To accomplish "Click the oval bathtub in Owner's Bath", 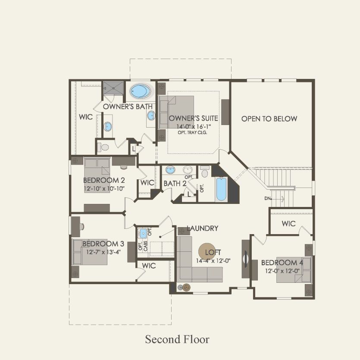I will coord(141,91).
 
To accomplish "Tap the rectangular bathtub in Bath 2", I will coord(221,189).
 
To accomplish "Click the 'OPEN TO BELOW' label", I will coord(269,119).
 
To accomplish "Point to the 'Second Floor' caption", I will coord(177,339).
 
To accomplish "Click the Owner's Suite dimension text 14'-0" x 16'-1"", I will coord(194,126).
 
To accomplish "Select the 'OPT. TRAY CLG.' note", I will coord(192,132).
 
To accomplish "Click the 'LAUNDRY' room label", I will coord(202,229).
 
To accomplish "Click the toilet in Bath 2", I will coord(205,173).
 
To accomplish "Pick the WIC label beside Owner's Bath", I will coord(85,117).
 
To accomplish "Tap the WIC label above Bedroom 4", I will coord(288,223).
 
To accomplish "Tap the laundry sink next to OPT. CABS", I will coord(143,233).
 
